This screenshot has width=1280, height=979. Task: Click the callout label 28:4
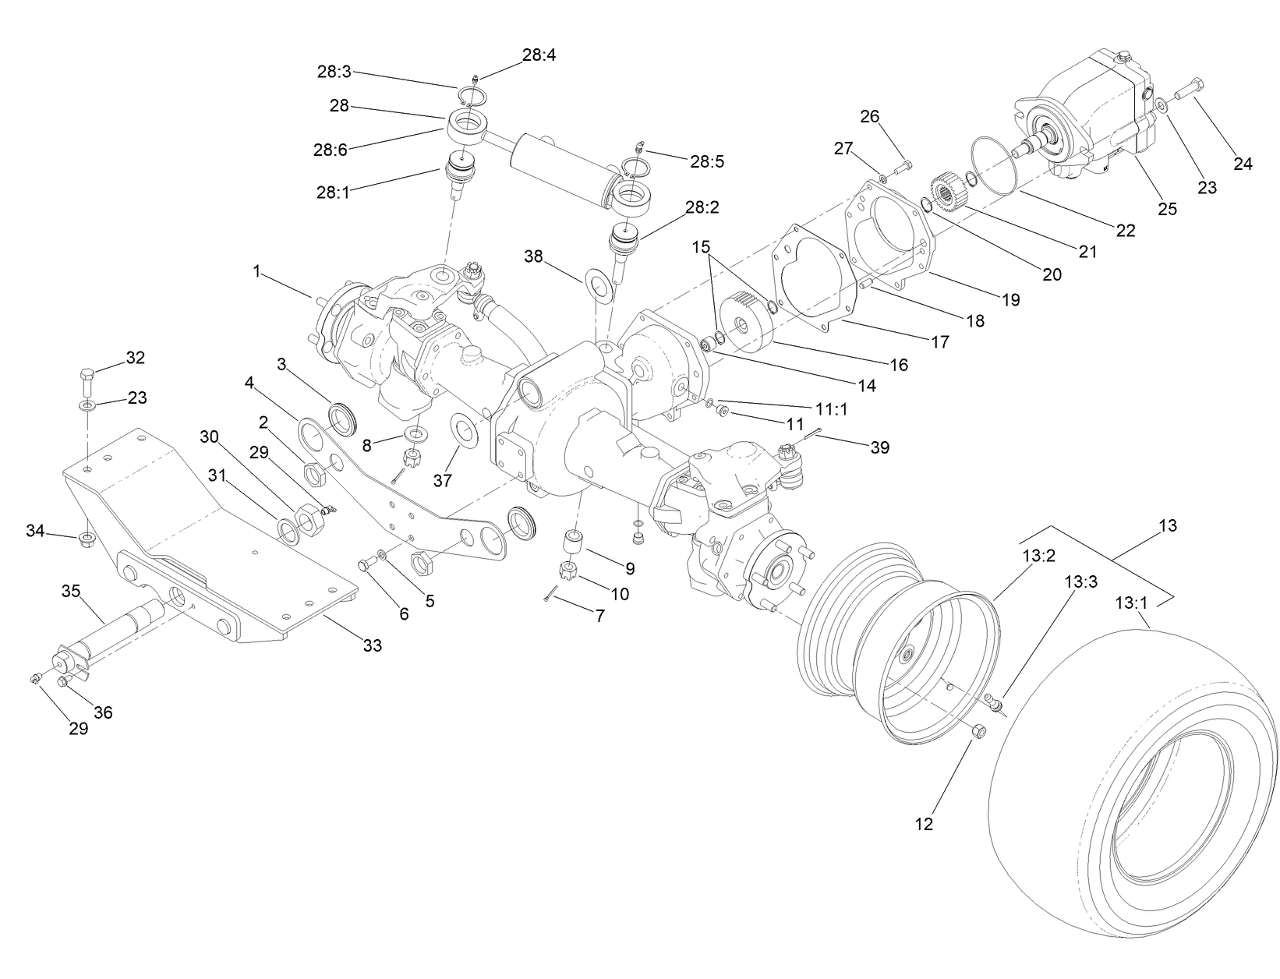click(x=539, y=55)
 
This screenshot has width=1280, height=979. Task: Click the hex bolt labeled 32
click(x=87, y=380)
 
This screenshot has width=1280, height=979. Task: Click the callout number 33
click(x=373, y=645)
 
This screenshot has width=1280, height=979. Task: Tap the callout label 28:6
click(x=330, y=150)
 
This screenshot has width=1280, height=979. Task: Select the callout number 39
click(x=879, y=447)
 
